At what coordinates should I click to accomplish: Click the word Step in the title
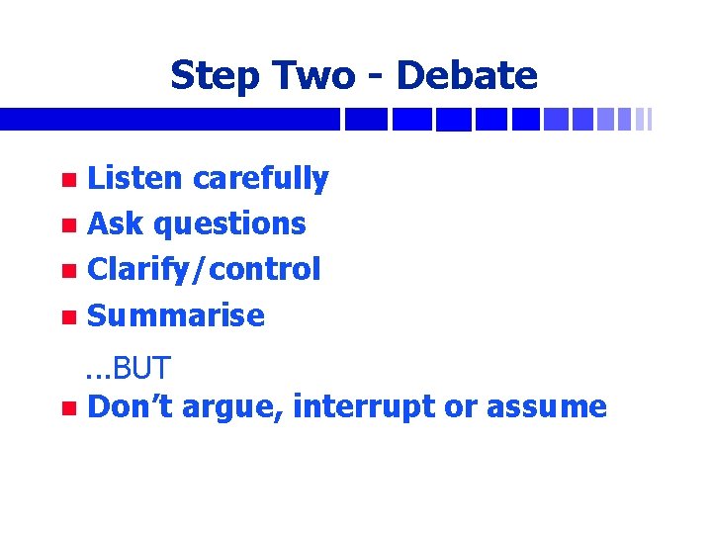click(210, 76)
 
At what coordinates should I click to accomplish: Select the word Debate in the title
click(466, 76)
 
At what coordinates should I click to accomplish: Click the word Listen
click(135, 178)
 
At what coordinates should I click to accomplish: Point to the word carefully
click(260, 179)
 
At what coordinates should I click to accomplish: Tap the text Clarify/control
click(204, 269)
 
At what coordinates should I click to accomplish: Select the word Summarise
click(176, 315)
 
